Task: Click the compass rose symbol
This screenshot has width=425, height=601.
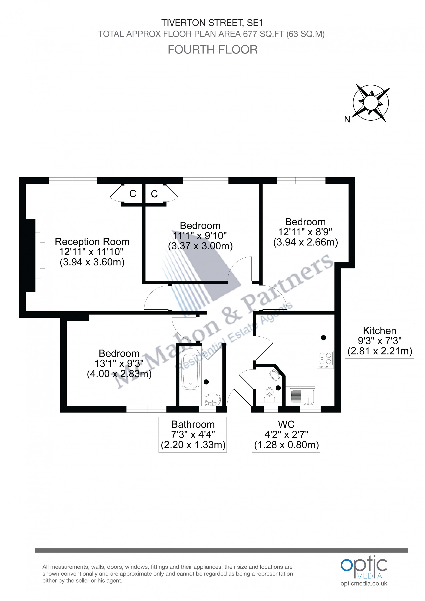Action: [371, 102]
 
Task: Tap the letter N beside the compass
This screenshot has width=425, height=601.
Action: [347, 120]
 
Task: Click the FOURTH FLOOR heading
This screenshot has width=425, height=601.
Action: [212, 50]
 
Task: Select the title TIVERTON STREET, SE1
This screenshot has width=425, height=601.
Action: [212, 23]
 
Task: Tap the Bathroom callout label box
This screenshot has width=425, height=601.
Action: [193, 435]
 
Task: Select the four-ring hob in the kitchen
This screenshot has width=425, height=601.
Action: [325, 359]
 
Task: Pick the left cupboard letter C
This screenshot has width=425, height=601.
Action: [133, 194]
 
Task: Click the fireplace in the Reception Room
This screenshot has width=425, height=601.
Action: [39, 255]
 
